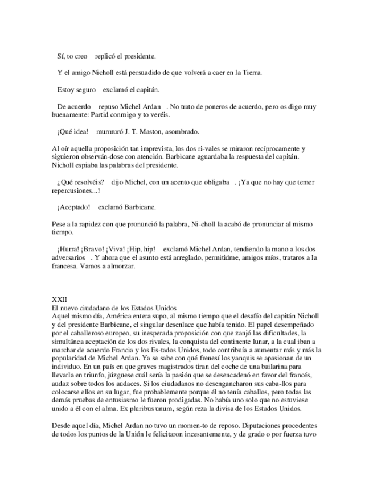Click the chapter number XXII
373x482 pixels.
point(59,298)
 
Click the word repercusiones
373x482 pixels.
point(75,190)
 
